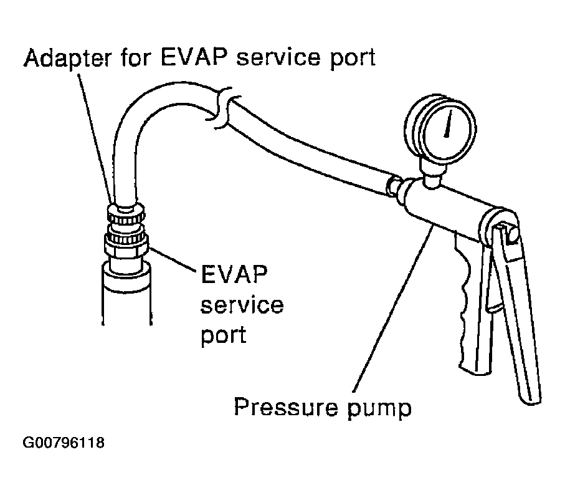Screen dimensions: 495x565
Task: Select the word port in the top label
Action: [x=349, y=59]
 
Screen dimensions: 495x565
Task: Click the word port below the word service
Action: [x=224, y=335]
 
